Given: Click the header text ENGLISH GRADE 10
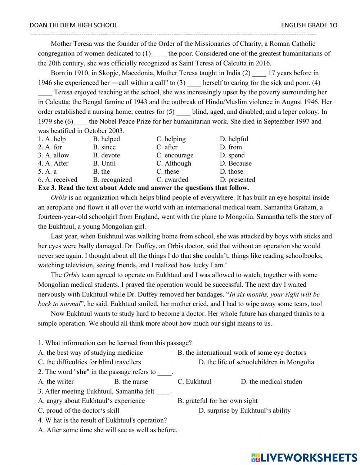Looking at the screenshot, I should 309,25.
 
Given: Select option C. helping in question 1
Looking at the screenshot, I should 171,139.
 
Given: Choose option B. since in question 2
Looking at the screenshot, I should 104,147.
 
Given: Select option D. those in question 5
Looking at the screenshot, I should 231,171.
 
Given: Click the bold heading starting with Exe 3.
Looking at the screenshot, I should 143,188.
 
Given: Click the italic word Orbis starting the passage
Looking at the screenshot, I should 59,197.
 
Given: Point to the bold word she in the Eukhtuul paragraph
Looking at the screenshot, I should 198,256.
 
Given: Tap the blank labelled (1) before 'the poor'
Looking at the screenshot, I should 159,54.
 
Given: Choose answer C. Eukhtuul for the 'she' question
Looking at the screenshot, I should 194,381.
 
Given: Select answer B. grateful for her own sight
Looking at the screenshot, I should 217,401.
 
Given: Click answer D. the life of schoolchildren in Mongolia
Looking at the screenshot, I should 256,362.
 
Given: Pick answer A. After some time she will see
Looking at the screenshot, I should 107,430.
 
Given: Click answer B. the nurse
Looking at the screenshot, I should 131,381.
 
